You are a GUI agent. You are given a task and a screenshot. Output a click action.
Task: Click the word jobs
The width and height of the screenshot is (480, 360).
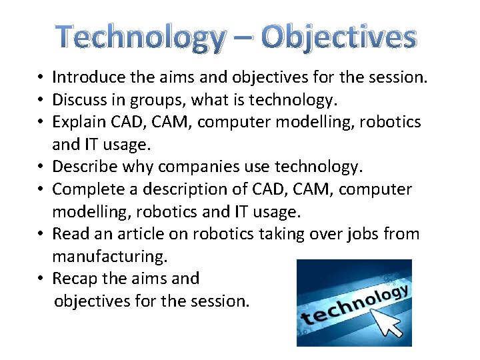360,233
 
